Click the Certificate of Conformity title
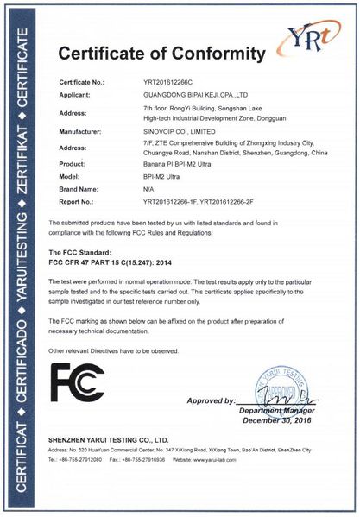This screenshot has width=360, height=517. (x=161, y=54)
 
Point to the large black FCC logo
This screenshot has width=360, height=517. (x=77, y=383)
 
